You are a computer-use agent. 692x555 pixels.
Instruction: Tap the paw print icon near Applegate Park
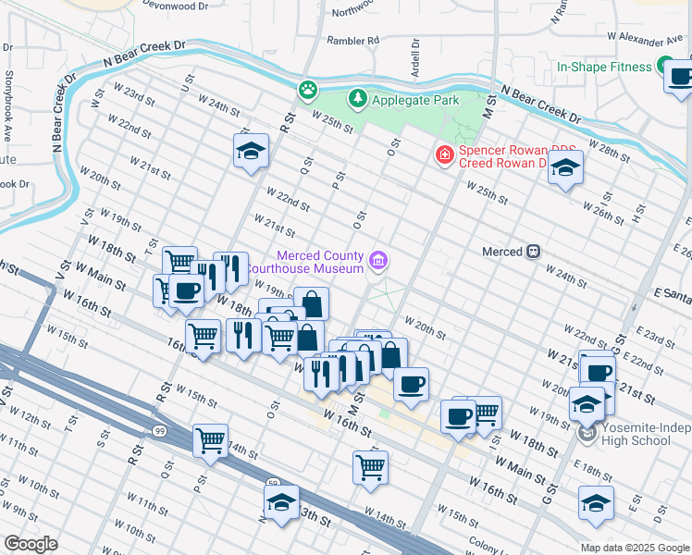click(x=307, y=91)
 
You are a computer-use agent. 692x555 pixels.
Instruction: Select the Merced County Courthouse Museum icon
click(x=377, y=262)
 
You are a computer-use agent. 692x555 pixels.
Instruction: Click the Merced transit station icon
click(x=533, y=252)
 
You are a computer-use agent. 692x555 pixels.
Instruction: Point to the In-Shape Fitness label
click(x=605, y=67)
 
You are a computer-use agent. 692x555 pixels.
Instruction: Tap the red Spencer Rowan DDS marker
click(x=445, y=154)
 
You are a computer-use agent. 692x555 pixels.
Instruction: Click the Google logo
click(x=31, y=544)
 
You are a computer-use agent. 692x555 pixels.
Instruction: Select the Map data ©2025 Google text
click(x=634, y=548)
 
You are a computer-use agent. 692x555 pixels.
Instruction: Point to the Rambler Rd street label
click(x=354, y=41)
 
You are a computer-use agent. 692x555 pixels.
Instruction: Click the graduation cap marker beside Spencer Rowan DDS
click(x=565, y=167)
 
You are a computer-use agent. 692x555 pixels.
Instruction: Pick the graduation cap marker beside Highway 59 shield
click(x=281, y=502)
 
